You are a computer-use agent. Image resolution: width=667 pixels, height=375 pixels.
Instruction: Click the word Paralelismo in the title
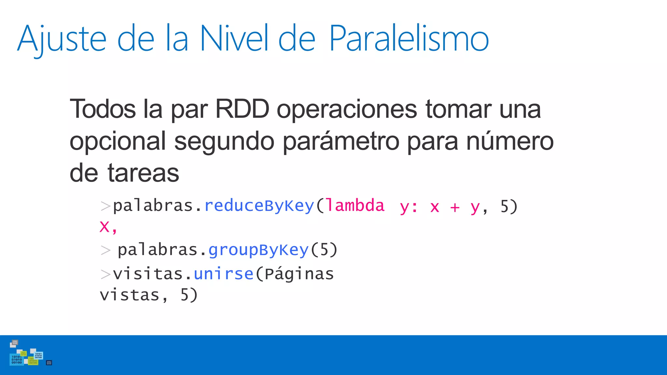pos(409,38)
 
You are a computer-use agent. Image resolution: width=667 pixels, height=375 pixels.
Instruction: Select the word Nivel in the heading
pos(234,38)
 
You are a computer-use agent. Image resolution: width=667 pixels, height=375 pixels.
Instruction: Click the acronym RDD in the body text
pos(242,109)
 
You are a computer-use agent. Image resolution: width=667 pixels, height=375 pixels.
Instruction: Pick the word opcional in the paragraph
pos(118,141)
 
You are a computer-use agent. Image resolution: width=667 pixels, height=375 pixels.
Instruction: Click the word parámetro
pos(341,141)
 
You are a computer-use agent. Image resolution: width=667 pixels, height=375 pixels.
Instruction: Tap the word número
pos(510,141)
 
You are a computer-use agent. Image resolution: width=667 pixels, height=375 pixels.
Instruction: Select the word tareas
pos(143,173)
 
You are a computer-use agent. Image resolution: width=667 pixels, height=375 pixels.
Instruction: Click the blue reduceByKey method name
pos(259,206)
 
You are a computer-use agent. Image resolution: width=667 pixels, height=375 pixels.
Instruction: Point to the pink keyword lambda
pos(355,206)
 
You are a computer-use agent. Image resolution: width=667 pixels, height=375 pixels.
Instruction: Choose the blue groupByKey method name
pos(258,250)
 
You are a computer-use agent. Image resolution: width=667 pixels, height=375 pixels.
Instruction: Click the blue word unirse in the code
pos(223,274)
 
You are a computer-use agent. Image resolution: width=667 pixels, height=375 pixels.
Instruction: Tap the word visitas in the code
pos(148,274)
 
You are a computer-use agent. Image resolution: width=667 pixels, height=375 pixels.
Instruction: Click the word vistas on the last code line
pos(129,295)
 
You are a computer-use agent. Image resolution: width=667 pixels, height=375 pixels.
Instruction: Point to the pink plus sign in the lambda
pos(455,207)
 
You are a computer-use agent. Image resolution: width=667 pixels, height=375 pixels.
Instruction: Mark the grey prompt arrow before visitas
pos(106,274)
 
